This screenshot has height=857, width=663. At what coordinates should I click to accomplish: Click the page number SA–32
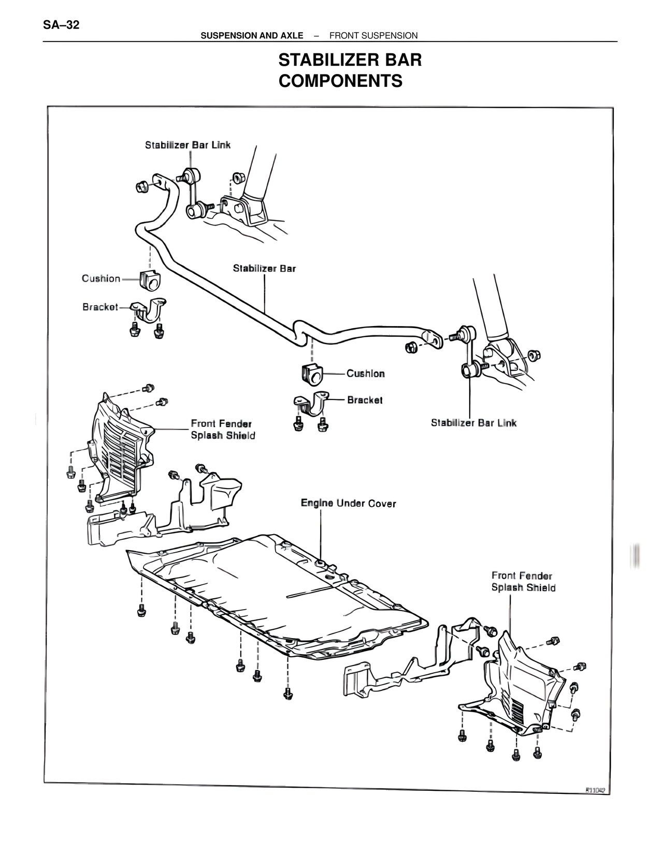pyautogui.click(x=62, y=24)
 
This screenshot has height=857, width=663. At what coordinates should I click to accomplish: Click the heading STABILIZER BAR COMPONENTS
pyautogui.click(x=350, y=70)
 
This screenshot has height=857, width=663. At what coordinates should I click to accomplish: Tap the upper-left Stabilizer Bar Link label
pyautogui.click(x=188, y=145)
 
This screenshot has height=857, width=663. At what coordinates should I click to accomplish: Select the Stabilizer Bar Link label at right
pyautogui.click(x=473, y=423)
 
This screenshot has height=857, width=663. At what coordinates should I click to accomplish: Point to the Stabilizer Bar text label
pyautogui.click(x=264, y=268)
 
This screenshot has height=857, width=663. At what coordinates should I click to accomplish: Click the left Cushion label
pyautogui.click(x=101, y=278)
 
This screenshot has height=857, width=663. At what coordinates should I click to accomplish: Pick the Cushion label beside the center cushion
pyautogui.click(x=365, y=374)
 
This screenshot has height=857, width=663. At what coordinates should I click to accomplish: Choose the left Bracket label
pyautogui.click(x=100, y=307)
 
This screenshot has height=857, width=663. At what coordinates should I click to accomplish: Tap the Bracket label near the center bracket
pyautogui.click(x=365, y=400)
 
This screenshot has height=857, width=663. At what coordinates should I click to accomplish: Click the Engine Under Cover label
pyautogui.click(x=348, y=503)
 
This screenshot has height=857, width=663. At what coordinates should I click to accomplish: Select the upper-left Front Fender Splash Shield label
pyautogui.click(x=223, y=430)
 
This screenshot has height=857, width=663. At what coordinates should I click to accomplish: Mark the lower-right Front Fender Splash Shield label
pyautogui.click(x=523, y=581)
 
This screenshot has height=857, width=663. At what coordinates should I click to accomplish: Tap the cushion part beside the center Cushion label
pyautogui.click(x=311, y=374)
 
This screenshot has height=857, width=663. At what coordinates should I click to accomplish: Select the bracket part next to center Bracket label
pyautogui.click(x=311, y=405)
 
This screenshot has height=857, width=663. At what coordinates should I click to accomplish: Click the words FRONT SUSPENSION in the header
pyautogui.click(x=373, y=35)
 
